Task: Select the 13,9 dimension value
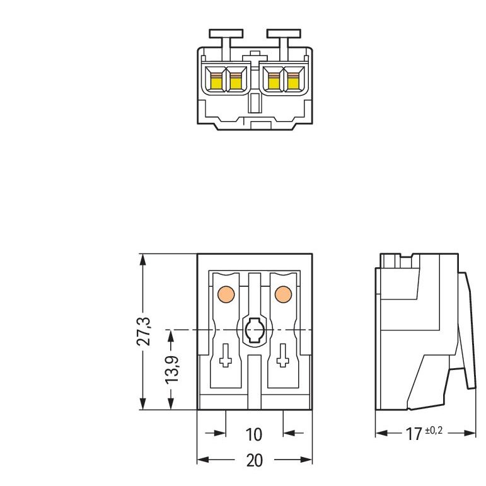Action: tap(171, 369)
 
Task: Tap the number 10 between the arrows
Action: tap(254, 434)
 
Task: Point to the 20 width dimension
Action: tap(255, 461)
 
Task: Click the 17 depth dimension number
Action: tap(414, 434)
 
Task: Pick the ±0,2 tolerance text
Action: tap(434, 431)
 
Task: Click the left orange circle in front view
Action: tap(226, 294)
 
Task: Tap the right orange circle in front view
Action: tap(283, 294)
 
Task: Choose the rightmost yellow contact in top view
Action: tap(293, 82)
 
